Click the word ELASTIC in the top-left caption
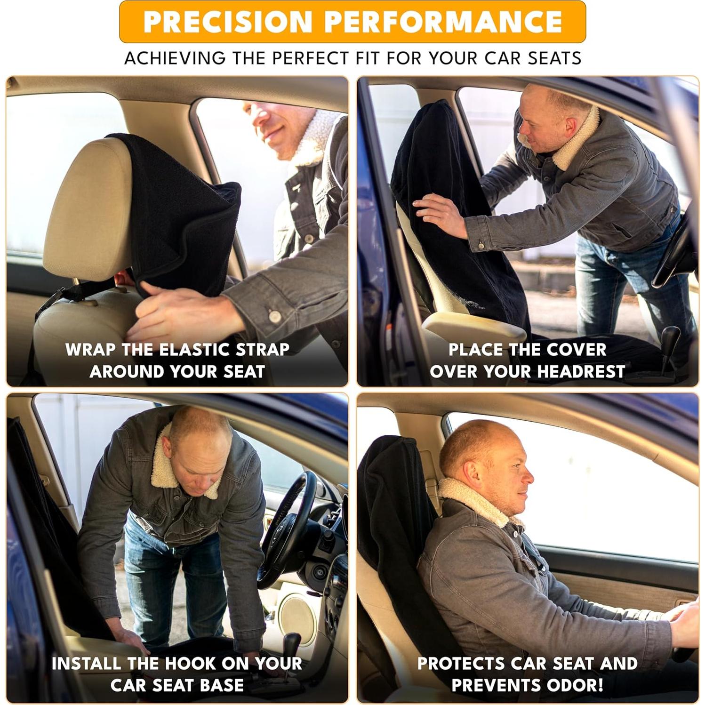195,350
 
